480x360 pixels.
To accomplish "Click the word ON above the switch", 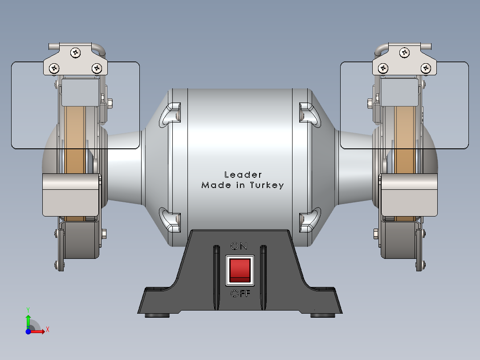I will [x=239, y=246].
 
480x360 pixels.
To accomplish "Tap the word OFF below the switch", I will [x=240, y=294].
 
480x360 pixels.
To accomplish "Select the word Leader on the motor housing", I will [x=243, y=175].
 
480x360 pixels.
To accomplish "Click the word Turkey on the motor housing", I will [x=267, y=185].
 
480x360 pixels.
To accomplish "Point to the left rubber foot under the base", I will [x=158, y=315].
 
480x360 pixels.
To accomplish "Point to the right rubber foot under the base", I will [x=323, y=315].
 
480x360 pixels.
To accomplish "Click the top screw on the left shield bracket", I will [x=76, y=53].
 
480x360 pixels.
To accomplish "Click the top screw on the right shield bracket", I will [x=404, y=53].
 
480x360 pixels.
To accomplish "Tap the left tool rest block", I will [x=70, y=195].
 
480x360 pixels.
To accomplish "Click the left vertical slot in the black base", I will [x=216, y=276].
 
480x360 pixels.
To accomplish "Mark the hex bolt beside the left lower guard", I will [x=104, y=233].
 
